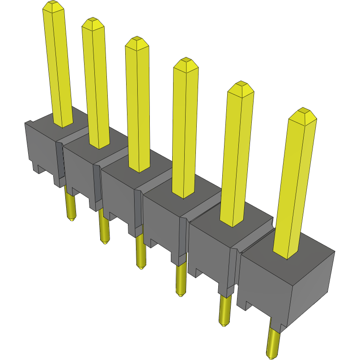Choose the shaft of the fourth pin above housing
click(185, 134)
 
